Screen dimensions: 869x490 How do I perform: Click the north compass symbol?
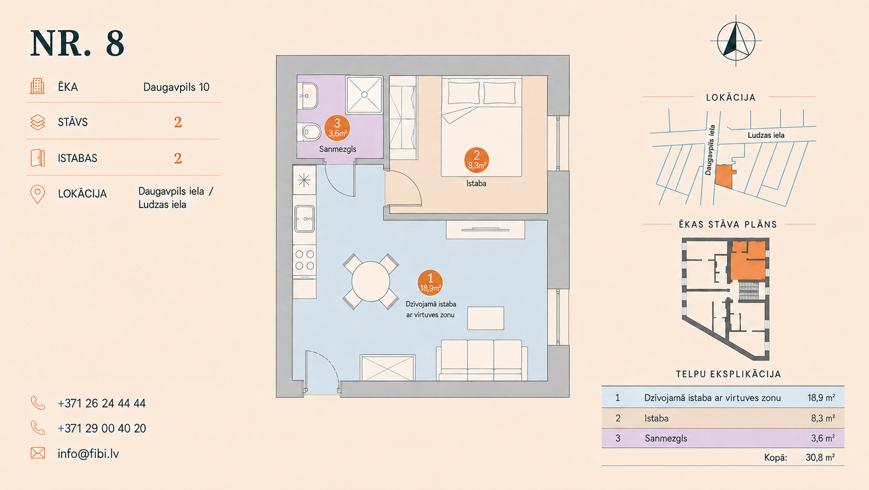point(736,41)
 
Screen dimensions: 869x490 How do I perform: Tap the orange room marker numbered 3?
point(337,128)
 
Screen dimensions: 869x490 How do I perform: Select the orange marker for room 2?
point(477,160)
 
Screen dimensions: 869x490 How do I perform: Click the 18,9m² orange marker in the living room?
point(430,282)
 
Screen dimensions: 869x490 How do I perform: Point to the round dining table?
point(370,281)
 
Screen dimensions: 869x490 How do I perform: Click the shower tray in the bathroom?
point(364,95)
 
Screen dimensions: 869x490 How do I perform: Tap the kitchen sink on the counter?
point(304,218)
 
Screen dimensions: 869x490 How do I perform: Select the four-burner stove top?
point(304,260)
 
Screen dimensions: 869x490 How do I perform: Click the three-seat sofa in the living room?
point(481,360)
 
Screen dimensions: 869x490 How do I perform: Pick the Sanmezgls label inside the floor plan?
point(338,149)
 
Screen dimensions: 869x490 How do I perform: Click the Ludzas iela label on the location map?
point(766,135)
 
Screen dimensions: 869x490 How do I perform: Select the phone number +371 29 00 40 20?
point(101,429)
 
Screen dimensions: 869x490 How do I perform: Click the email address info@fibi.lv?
point(88,454)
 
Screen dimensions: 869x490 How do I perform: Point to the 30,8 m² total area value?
point(820,457)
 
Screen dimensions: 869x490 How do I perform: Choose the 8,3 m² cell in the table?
point(823,418)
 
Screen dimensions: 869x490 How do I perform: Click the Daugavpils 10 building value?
point(176,87)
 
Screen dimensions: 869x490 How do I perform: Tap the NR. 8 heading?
point(77,43)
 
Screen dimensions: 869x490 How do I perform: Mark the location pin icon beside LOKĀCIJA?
point(37,194)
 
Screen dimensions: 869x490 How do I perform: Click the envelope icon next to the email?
point(37,453)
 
